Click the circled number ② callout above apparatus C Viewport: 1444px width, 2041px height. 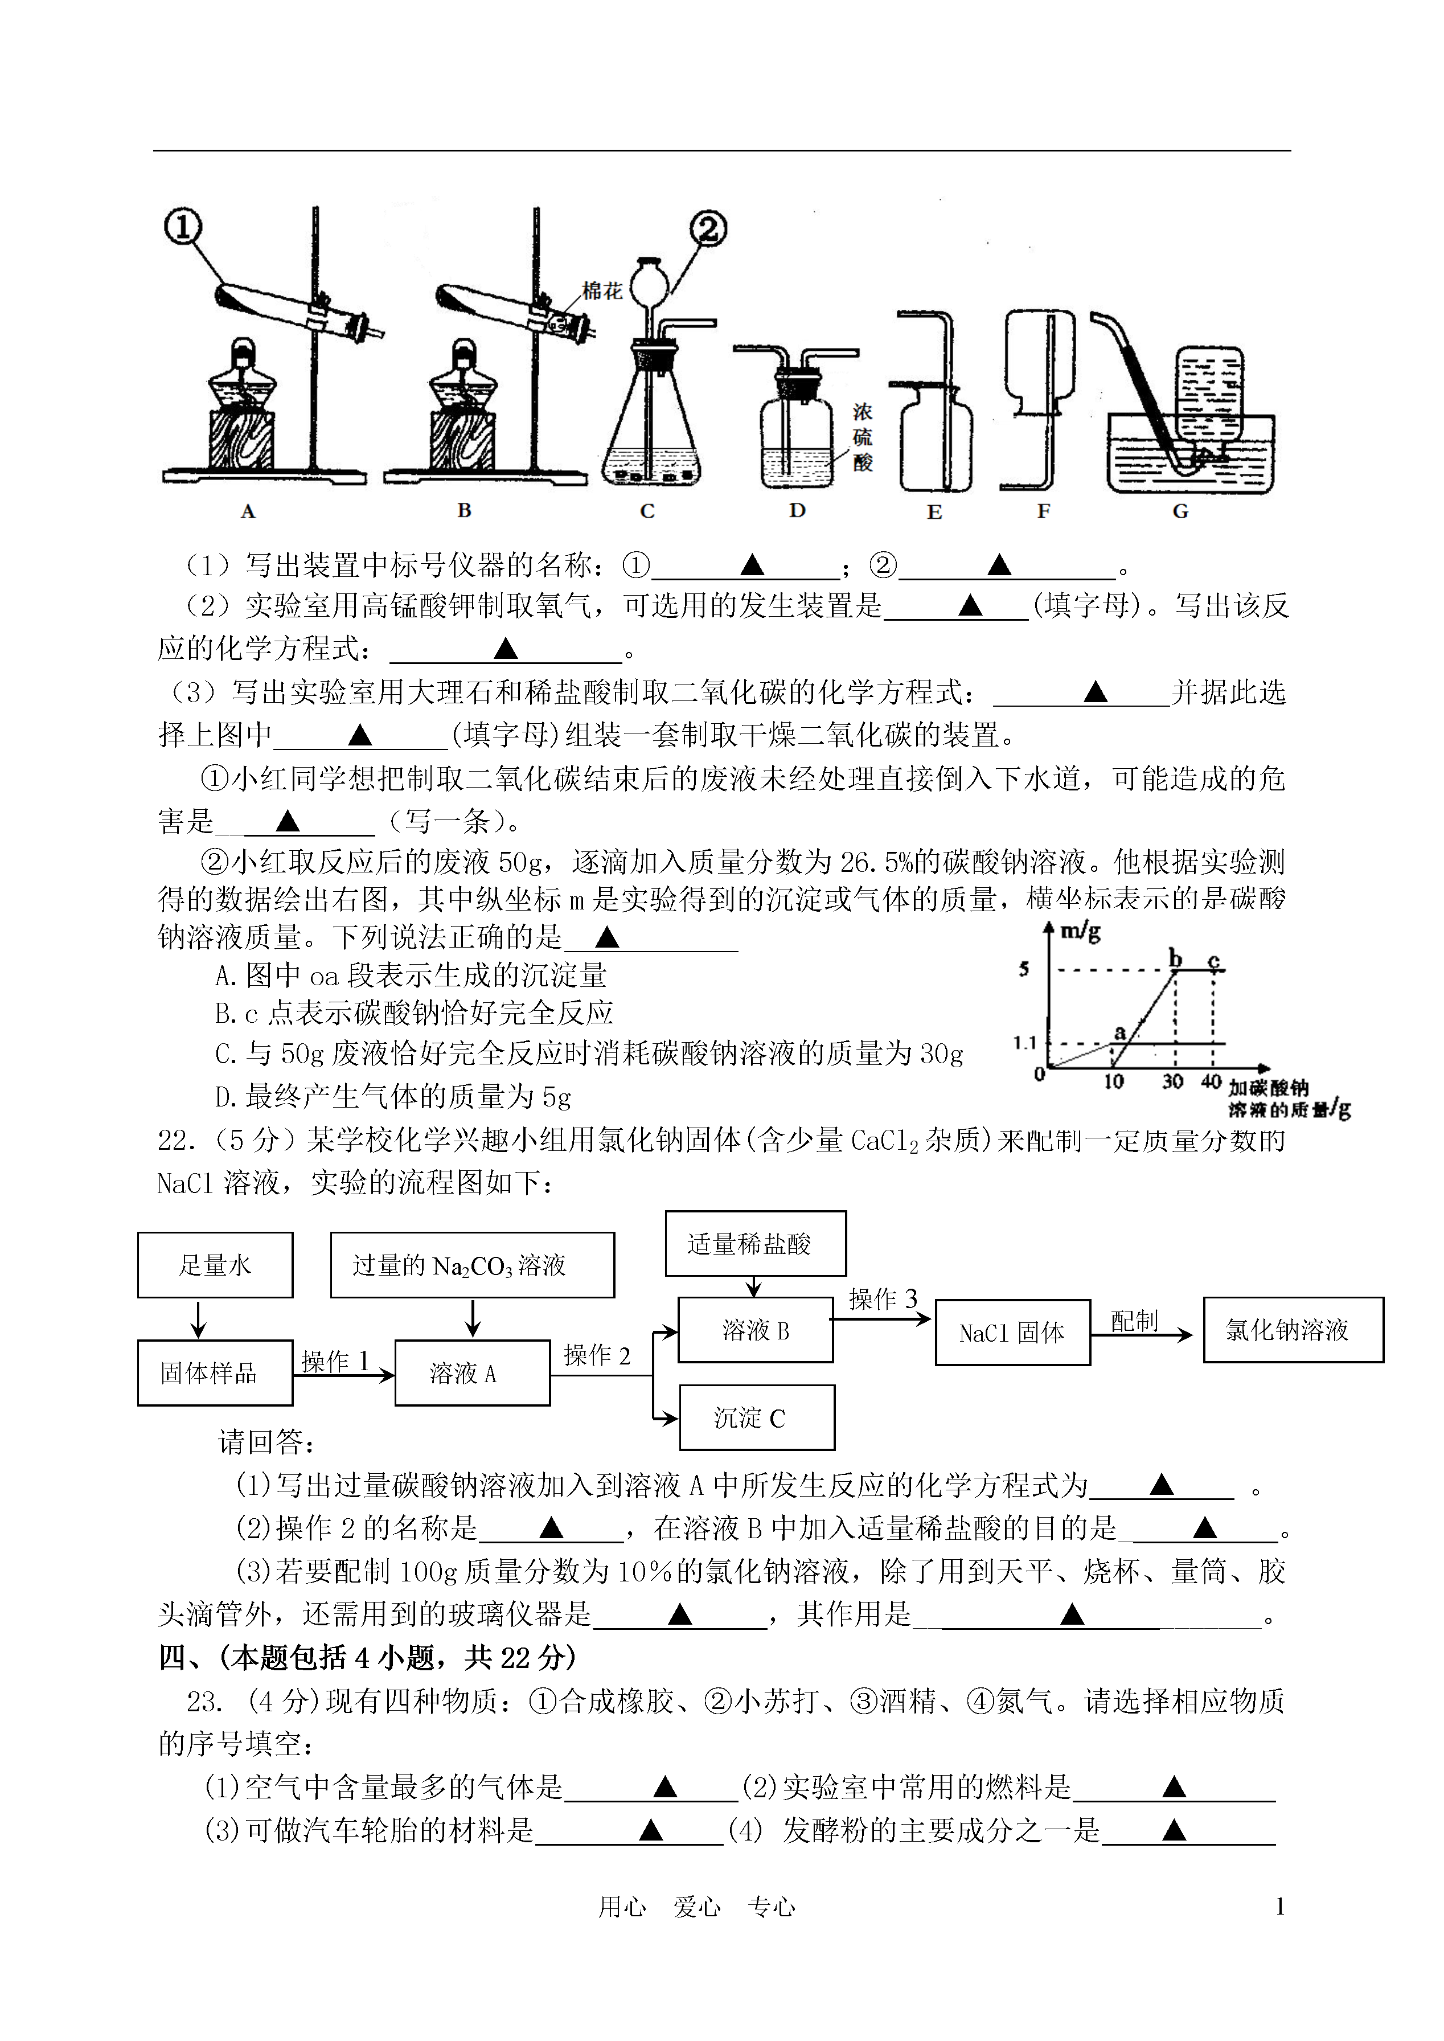[708, 229]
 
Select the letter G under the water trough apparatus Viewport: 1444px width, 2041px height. [1180, 511]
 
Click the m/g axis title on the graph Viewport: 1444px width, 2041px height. [1080, 931]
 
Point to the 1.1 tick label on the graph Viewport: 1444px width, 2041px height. [1024, 1042]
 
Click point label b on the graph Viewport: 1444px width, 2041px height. [1175, 958]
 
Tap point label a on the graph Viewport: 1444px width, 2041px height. [1121, 1032]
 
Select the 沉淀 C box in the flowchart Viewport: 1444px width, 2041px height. [757, 1417]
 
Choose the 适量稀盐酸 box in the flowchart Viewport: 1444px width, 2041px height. [756, 1243]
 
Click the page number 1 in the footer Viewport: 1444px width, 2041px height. [1279, 1907]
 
